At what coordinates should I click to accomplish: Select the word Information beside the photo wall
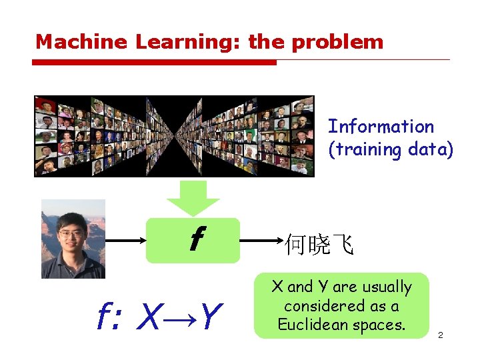tap(381, 127)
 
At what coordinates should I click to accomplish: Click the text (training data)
tap(391, 149)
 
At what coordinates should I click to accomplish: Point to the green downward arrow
tap(193, 197)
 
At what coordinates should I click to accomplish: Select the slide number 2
tap(441, 335)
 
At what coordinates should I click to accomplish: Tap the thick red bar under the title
tap(153, 63)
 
